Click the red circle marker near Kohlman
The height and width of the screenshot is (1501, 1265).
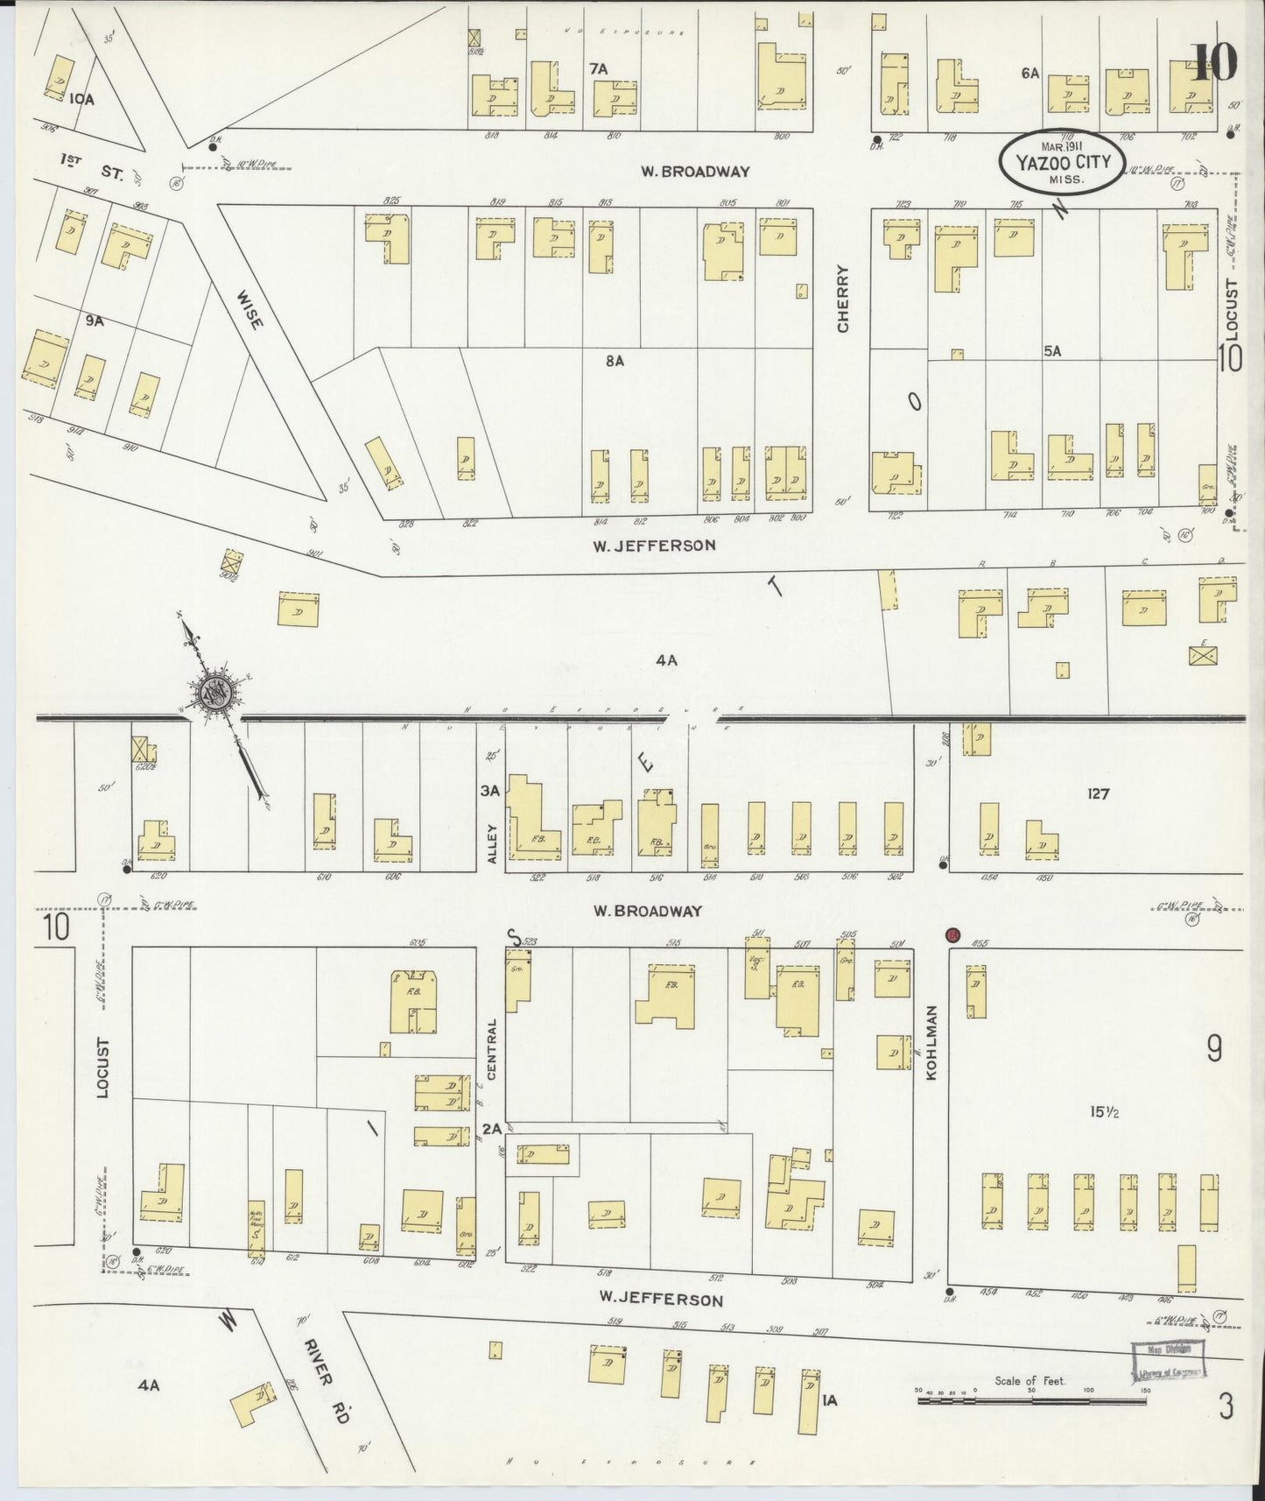(953, 935)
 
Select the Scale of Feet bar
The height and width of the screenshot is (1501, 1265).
(1031, 1400)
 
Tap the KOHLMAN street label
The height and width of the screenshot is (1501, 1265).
(931, 1042)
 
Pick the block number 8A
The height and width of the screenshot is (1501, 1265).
(615, 360)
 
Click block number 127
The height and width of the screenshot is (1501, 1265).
(1098, 794)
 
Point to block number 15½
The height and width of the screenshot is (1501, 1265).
(1105, 1112)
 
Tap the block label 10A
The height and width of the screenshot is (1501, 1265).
(81, 100)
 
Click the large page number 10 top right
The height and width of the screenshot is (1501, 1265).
(1214, 61)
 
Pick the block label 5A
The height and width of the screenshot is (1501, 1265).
(1051, 350)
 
